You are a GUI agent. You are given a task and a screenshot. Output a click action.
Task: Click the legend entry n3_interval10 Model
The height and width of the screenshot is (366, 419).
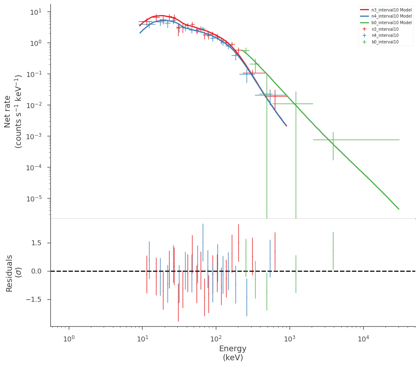(x=386, y=9)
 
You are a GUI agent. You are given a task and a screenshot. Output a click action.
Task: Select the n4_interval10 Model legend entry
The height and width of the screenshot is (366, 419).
(x=386, y=16)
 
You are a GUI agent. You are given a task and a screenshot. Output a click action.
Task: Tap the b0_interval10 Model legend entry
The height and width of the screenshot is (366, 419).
(x=386, y=23)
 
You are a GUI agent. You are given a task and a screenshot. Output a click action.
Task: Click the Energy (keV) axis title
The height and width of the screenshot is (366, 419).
(x=233, y=353)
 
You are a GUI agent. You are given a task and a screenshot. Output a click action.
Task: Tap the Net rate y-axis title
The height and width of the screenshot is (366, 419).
(x=13, y=111)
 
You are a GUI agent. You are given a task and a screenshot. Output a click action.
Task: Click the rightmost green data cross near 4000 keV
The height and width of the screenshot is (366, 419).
(x=333, y=140)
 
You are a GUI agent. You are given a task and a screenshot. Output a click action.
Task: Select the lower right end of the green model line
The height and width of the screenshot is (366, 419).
(x=399, y=209)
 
